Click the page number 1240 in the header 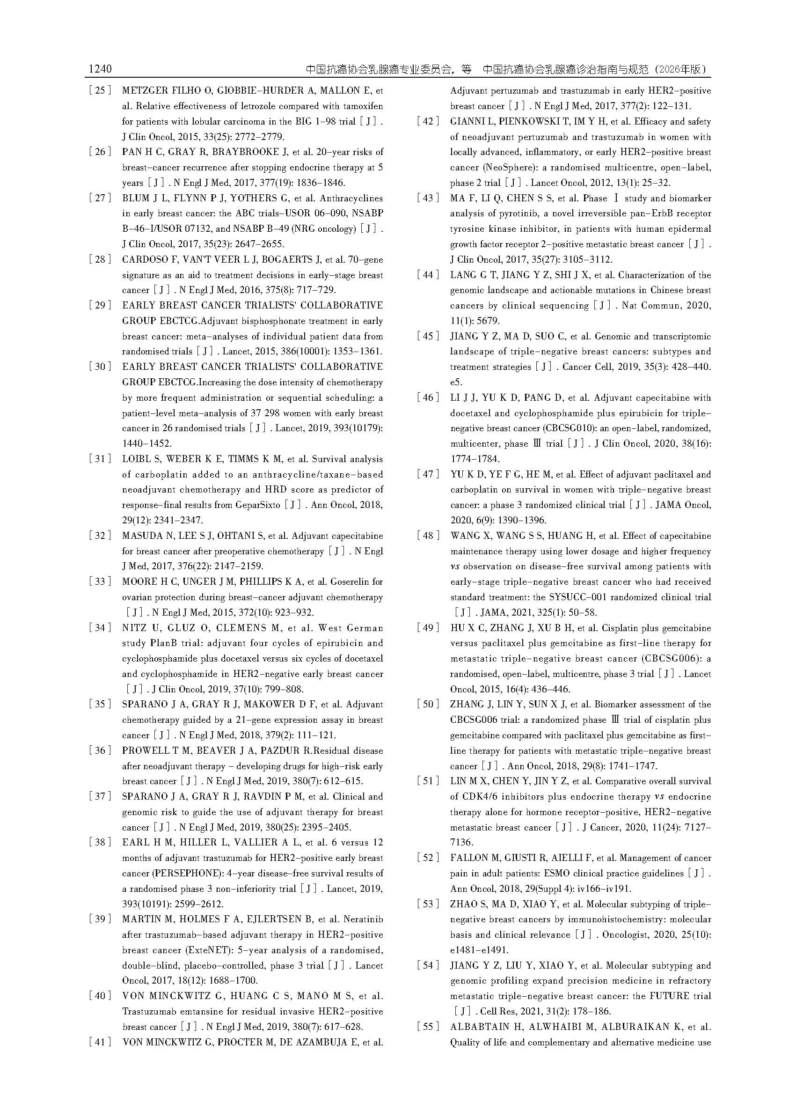100,69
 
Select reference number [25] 100,91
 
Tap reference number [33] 100,581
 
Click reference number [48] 428,536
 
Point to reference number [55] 428,1026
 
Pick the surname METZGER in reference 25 145,91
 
